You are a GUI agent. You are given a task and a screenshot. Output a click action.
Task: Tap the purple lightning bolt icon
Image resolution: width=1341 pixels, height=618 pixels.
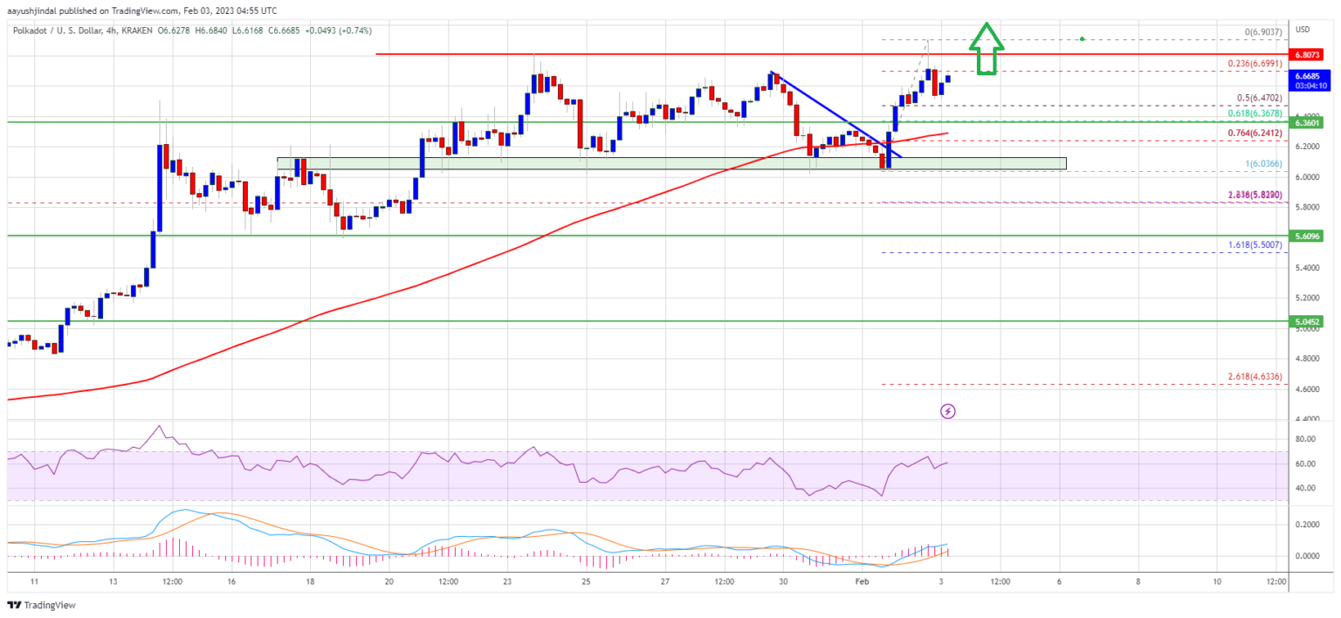947,410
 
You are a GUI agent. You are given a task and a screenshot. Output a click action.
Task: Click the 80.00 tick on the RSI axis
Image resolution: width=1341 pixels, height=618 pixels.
1307,440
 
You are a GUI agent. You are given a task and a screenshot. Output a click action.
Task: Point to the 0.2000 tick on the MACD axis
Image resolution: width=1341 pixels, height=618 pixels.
1307,525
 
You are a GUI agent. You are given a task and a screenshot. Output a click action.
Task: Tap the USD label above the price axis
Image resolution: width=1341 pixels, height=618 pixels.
1303,30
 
